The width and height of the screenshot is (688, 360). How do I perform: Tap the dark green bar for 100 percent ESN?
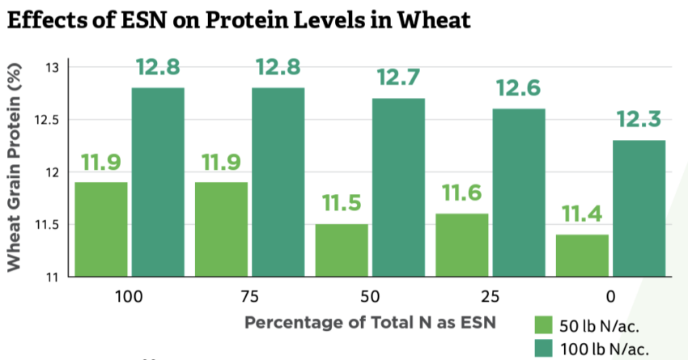(158, 182)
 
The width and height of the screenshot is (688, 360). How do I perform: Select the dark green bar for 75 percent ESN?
(278, 182)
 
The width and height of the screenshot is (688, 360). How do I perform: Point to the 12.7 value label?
(397, 79)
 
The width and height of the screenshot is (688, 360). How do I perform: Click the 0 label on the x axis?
(609, 295)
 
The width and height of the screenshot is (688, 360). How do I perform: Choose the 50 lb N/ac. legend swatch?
(544, 325)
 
